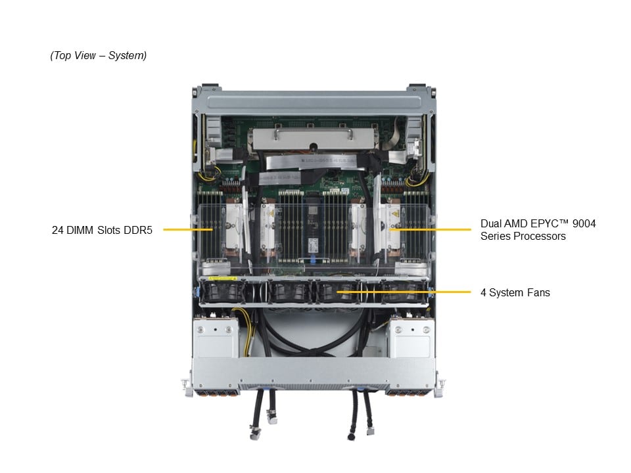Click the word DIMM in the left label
pos(80,230)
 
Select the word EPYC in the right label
pos(544,223)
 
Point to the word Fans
pos(538,293)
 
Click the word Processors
pos(542,236)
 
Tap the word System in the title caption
pos(127,55)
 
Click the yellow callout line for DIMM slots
pos(188,230)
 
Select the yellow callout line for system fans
pos(404,292)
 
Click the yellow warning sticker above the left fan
pos(223,279)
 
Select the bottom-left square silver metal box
pos(216,338)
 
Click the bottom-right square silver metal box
pos(411,338)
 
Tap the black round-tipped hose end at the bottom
pos(352,436)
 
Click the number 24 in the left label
pos(58,230)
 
